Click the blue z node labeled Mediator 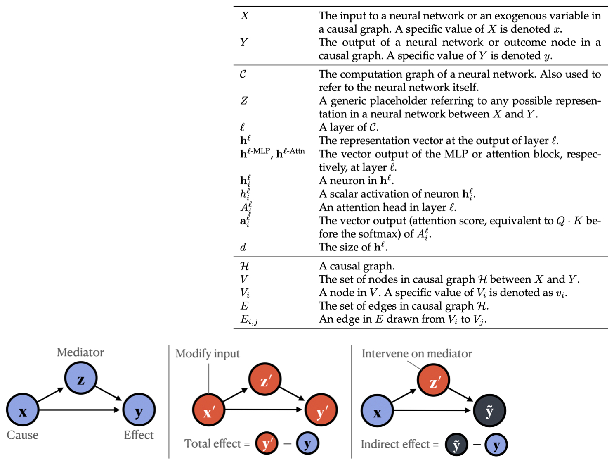click(81, 378)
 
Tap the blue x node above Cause click(23, 410)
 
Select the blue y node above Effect click(139, 410)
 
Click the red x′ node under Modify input click(209, 410)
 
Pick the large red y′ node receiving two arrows click(321, 410)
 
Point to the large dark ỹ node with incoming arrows click(489, 411)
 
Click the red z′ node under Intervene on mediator click(433, 381)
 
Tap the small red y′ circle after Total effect click(267, 443)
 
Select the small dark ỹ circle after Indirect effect click(456, 445)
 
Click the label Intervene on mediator click(417, 354)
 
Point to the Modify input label click(208, 354)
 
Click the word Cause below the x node click(23, 435)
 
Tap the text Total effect click(213, 444)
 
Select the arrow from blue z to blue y click(109, 393)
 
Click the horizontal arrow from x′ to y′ click(264, 410)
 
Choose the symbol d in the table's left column click(243, 247)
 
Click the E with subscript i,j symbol click(249, 319)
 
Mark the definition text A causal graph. click(357, 266)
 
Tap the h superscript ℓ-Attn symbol click(290, 153)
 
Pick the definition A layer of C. click(349, 127)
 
